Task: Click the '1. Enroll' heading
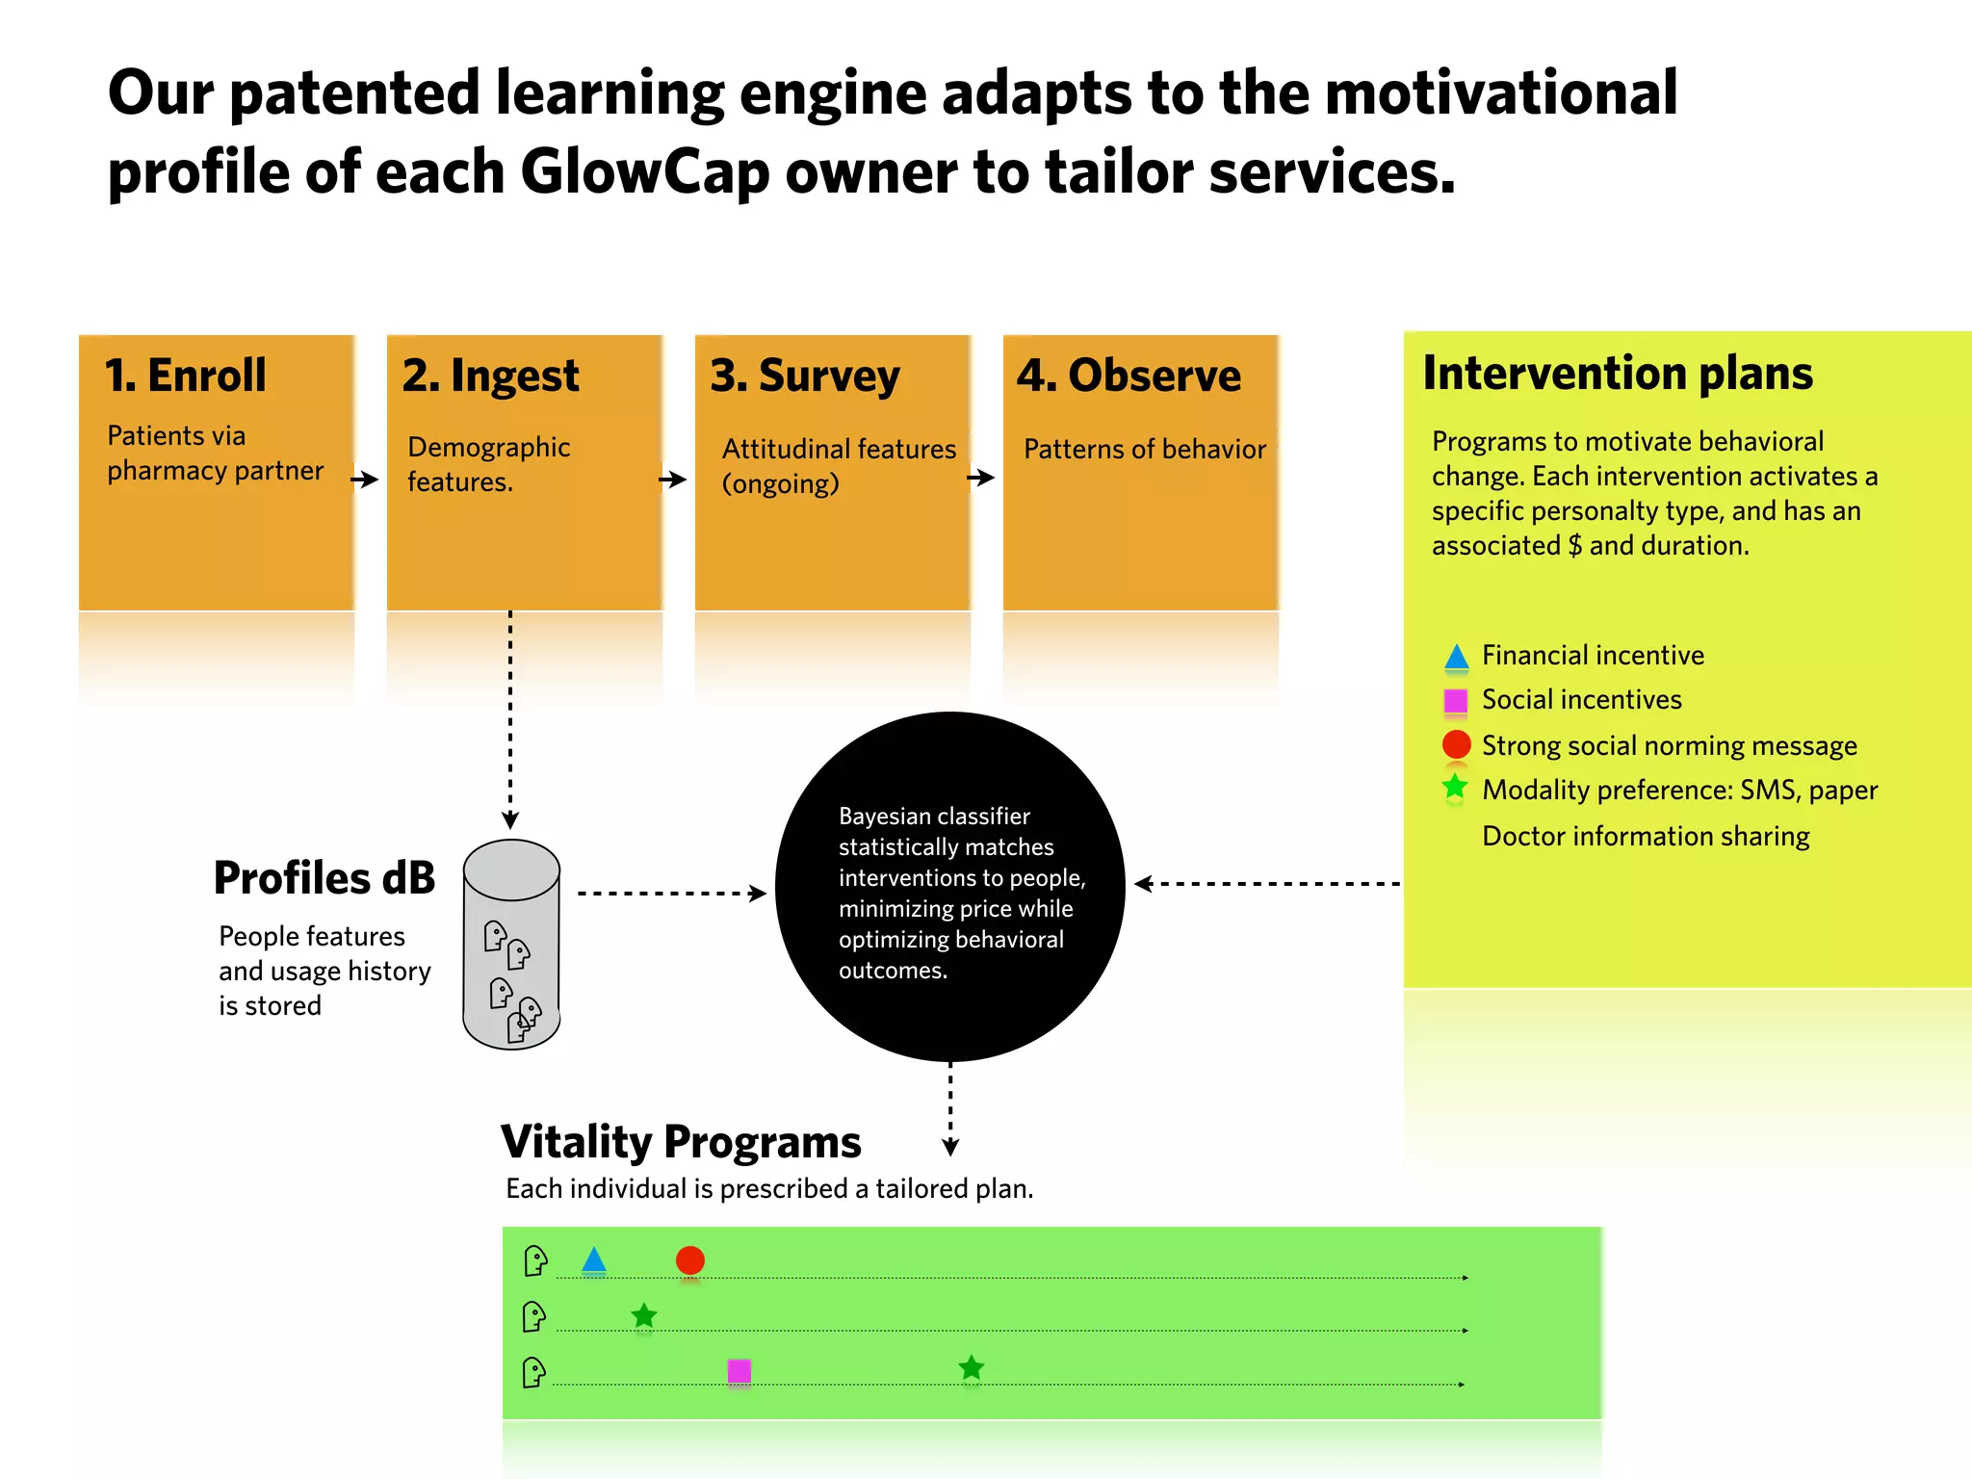point(185,376)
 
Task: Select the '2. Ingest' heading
point(490,376)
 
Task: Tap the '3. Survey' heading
point(805,376)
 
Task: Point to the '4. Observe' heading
point(1129,376)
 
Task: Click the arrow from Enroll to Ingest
point(365,479)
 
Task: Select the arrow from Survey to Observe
point(980,477)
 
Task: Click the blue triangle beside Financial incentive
point(1456,657)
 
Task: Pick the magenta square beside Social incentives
point(1456,700)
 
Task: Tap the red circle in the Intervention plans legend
point(1456,744)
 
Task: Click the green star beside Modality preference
point(1455,788)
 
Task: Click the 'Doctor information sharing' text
point(1646,836)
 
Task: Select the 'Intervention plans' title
point(1618,374)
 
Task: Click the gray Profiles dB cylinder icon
point(511,944)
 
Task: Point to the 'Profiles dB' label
point(324,878)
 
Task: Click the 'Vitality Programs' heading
point(681,1142)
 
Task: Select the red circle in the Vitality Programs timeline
point(689,1260)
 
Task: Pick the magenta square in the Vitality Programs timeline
point(739,1370)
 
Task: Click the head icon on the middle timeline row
point(533,1316)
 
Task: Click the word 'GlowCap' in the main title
point(645,173)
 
